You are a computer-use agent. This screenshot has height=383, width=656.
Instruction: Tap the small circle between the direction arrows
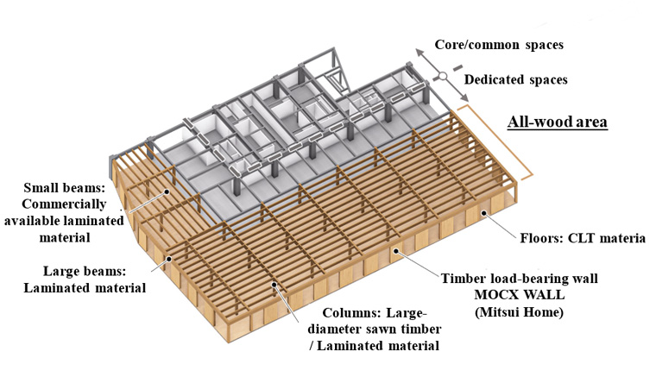pos(440,76)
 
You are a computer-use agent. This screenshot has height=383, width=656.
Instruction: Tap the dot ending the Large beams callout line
pos(171,258)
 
